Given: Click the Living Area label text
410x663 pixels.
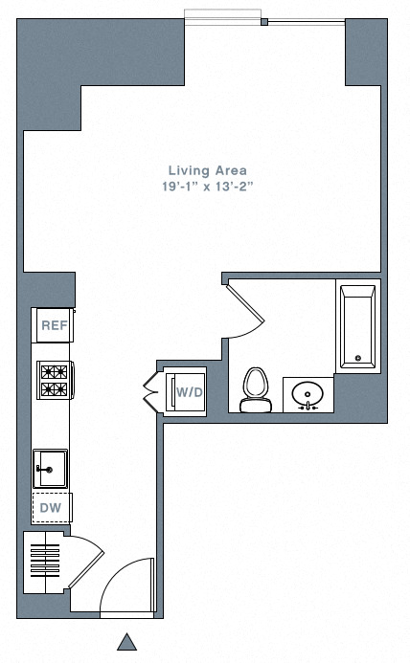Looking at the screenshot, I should tap(207, 171).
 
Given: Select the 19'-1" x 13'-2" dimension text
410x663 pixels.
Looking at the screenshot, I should tap(207, 188).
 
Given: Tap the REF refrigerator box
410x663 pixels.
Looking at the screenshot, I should tap(54, 325).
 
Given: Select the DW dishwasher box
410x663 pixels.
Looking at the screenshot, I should tap(51, 507).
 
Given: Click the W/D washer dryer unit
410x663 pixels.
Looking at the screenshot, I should tap(188, 390).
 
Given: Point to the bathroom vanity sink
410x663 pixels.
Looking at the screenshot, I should tap(308, 394).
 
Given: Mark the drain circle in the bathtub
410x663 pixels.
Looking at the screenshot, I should tap(357, 359).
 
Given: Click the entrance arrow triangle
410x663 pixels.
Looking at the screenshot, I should tap(126, 642).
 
